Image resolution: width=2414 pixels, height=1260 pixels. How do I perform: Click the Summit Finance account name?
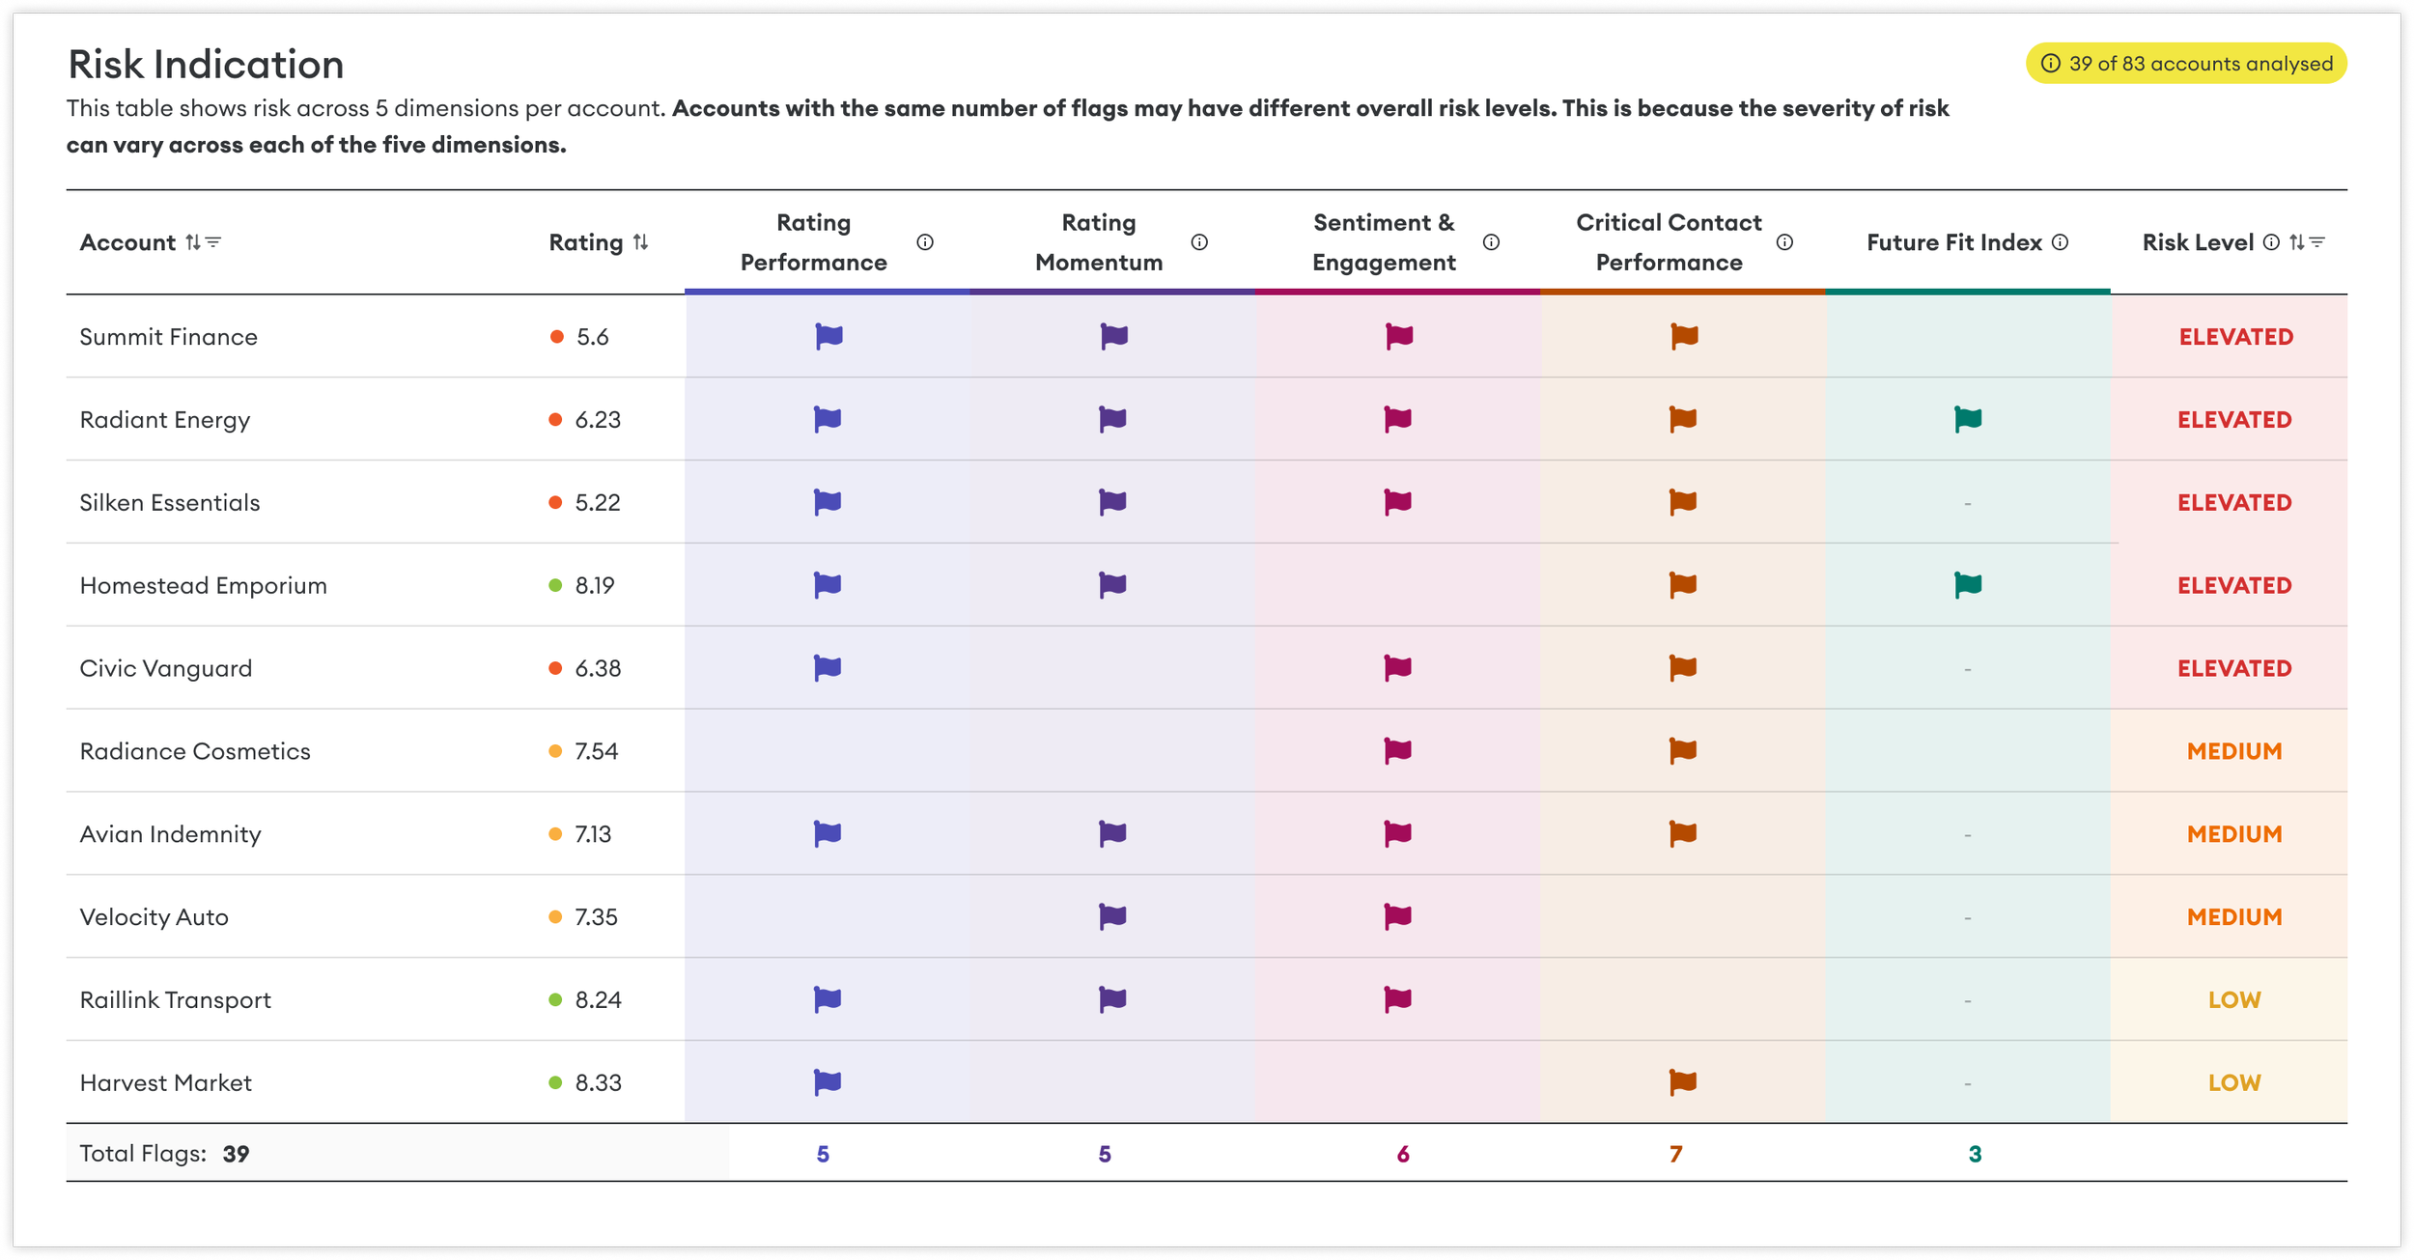[x=168, y=337]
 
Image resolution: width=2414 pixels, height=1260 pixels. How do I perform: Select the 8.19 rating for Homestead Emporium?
[x=595, y=585]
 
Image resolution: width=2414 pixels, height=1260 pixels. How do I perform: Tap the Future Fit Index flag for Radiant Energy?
[x=1968, y=419]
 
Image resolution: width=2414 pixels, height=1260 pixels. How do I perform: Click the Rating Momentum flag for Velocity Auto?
[x=1112, y=916]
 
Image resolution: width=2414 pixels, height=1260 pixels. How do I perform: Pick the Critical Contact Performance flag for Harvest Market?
[x=1683, y=1082]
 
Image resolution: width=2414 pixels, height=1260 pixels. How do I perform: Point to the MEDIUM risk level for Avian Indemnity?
[x=2234, y=834]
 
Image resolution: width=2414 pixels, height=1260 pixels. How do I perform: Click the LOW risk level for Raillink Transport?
[x=2234, y=1000]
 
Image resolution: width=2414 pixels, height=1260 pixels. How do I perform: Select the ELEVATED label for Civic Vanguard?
[x=2234, y=668]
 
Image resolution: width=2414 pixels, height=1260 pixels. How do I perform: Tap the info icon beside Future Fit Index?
[x=2060, y=242]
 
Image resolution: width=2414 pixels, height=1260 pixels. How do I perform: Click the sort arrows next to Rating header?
[x=640, y=242]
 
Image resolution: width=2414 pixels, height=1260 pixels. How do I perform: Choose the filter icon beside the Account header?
[x=213, y=241]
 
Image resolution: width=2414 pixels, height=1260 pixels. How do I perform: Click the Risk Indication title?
[x=206, y=65]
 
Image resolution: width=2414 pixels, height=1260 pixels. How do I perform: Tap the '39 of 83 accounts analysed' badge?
[x=2186, y=64]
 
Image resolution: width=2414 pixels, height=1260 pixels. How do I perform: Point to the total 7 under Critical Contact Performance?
[x=1676, y=1154]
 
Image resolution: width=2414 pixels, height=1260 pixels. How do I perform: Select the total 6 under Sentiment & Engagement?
[x=1403, y=1154]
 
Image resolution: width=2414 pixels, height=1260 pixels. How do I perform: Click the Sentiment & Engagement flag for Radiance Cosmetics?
[x=1397, y=750]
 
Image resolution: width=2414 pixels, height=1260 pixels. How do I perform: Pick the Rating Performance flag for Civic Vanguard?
[x=828, y=667]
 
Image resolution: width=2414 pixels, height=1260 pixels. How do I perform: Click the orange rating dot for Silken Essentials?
[x=555, y=502]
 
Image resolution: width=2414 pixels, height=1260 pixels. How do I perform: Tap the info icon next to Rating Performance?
[x=925, y=242]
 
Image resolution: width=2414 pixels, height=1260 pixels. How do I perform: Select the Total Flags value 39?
[x=237, y=1154]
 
